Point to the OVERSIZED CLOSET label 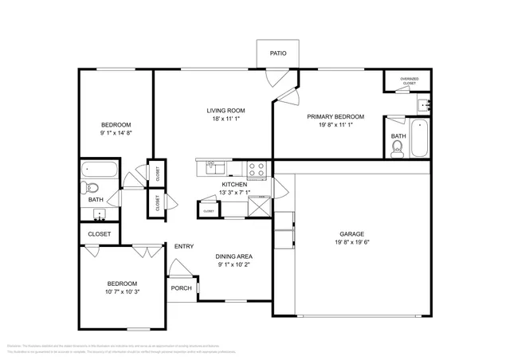pos(410,80)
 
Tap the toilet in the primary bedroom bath pos(398,147)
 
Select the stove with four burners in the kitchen pos(257,168)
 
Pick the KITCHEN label pos(235,184)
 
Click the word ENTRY pos(184,246)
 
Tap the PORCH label pos(181,288)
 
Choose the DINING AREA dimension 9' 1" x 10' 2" pos(234,265)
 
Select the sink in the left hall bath pos(100,213)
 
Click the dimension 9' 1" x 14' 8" pos(116,133)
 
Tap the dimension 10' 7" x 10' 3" pos(122,292)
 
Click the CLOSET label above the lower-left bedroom pos(99,234)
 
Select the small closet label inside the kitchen pos(208,211)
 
